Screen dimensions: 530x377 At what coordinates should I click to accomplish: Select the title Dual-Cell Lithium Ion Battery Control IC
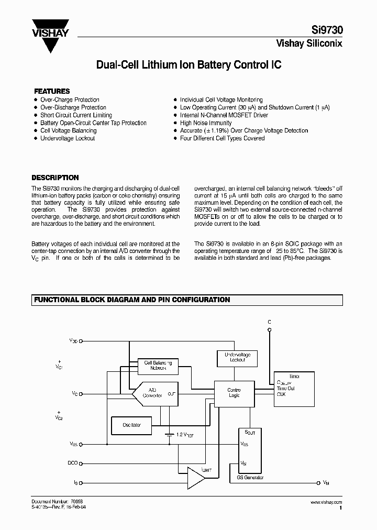[188, 65]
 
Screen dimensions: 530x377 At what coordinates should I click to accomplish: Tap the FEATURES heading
[51, 91]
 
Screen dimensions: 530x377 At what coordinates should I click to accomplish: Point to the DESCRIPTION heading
[55, 178]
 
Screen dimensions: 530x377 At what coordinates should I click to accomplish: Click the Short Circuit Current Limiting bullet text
[76, 115]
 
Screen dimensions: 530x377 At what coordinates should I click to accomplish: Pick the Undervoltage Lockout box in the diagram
[237, 358]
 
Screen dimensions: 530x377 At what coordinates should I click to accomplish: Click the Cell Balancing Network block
[158, 366]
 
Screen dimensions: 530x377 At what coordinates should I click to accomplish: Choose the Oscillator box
[131, 425]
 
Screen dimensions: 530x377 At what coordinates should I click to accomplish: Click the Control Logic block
[234, 392]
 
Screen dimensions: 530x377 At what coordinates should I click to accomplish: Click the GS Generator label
[250, 477]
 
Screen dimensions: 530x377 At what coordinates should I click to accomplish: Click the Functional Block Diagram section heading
[132, 300]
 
